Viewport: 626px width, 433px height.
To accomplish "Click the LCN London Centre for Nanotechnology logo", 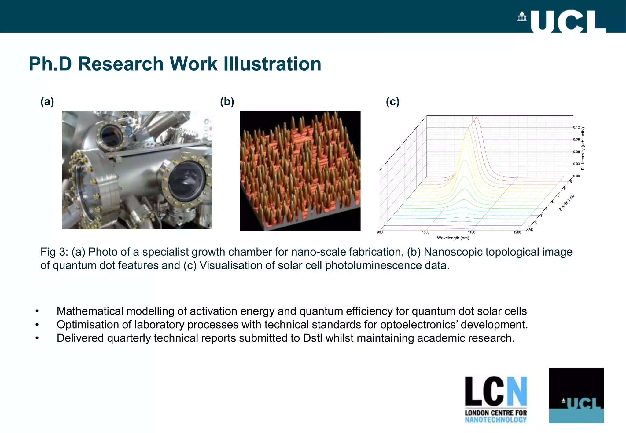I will [x=496, y=399].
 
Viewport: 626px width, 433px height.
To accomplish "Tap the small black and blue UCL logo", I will [x=576, y=395].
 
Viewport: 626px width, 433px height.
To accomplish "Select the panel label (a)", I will [x=47, y=102].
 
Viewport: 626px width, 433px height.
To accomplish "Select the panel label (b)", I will [x=227, y=102].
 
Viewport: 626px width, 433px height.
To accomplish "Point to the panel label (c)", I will [x=392, y=102].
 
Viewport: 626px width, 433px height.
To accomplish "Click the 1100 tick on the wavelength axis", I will [x=471, y=232].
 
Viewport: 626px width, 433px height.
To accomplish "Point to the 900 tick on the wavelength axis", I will [x=380, y=232].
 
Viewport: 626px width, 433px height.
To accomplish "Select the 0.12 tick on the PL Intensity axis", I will [x=576, y=127].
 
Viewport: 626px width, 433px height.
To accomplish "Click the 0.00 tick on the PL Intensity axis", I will [x=576, y=176].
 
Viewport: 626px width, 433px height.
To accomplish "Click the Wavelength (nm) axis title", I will [x=453, y=238].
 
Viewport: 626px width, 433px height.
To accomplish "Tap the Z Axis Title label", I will [x=566, y=202].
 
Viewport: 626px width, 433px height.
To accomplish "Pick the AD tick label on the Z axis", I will [x=531, y=229].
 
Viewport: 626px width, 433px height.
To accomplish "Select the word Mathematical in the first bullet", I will [x=90, y=311].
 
